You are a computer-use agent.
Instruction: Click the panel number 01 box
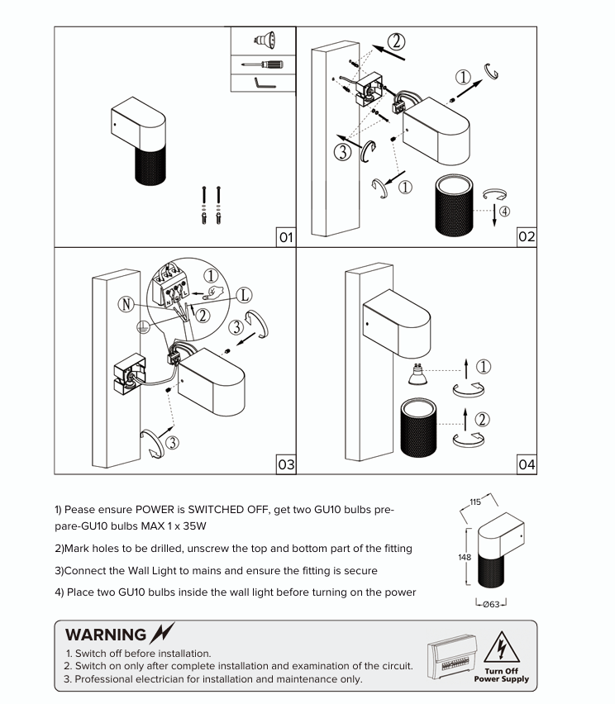pyautogui.click(x=285, y=237)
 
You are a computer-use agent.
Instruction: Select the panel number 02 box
pyautogui.click(x=527, y=237)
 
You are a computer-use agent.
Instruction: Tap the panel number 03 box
pyautogui.click(x=285, y=464)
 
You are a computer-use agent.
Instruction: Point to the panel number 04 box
pyautogui.click(x=527, y=464)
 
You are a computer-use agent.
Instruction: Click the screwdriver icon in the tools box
pyautogui.click(x=262, y=64)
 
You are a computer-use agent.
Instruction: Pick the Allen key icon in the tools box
pyautogui.click(x=262, y=84)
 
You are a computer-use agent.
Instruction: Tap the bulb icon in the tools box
pyautogui.click(x=263, y=39)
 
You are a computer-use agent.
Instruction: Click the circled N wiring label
pyautogui.click(x=126, y=305)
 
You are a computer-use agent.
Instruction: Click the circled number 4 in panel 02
pyautogui.click(x=504, y=211)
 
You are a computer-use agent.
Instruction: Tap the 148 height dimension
pyautogui.click(x=465, y=557)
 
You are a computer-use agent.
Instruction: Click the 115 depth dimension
pyautogui.click(x=475, y=502)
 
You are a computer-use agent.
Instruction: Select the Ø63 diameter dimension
pyautogui.click(x=491, y=604)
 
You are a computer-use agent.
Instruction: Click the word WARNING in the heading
pyautogui.click(x=105, y=635)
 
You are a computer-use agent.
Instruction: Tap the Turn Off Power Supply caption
pyautogui.click(x=501, y=675)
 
